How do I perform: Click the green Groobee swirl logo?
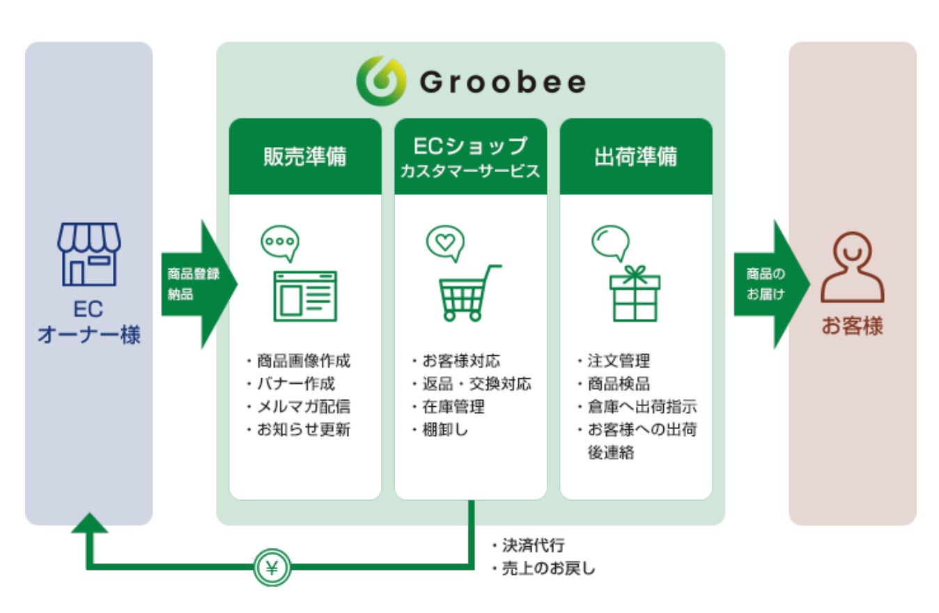click(380, 80)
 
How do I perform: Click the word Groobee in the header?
click(502, 83)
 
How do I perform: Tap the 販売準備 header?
click(305, 157)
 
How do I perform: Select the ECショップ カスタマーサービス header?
click(470, 157)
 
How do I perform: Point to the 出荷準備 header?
click(635, 157)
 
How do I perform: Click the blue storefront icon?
click(88, 254)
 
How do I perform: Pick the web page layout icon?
click(305, 295)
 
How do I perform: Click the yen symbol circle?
click(272, 568)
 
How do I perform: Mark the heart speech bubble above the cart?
click(444, 242)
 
